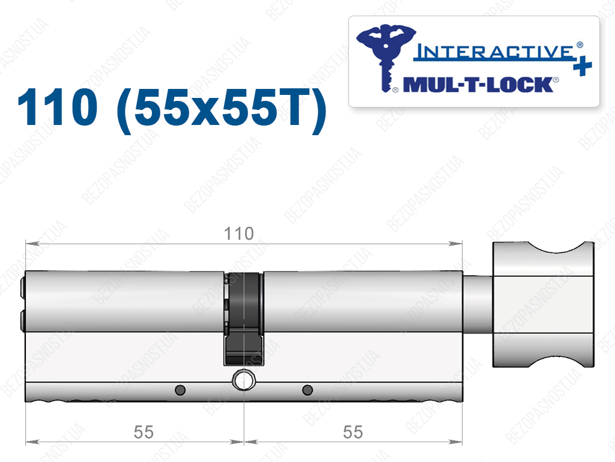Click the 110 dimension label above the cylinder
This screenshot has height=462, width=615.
point(238,234)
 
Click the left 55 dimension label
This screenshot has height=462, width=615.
point(144,432)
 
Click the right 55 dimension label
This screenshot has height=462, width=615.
point(353,432)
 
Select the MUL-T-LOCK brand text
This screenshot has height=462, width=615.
point(479,85)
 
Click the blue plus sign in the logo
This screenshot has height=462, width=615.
point(583,66)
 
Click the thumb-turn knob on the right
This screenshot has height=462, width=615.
point(543,305)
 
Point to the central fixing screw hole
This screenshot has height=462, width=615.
point(244,380)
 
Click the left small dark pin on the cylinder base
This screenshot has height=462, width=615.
point(180,390)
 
